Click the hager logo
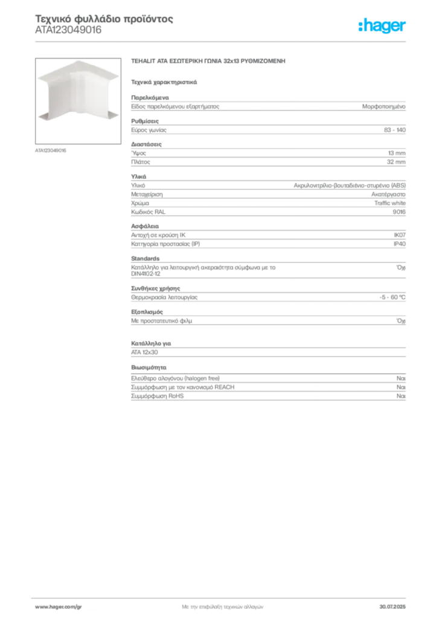point(381,26)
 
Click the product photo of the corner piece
point(78,101)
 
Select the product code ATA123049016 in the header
point(68,30)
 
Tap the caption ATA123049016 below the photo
point(51,151)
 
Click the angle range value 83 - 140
point(394,130)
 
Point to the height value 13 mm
point(397,153)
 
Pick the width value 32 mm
point(396,162)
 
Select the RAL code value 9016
point(399,212)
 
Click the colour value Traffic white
point(390,203)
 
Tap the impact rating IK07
point(400,235)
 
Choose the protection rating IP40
point(400,244)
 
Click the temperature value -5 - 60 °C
point(392,297)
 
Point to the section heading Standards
point(145,259)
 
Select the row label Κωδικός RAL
point(148,212)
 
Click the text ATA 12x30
point(144,352)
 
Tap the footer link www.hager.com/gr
point(59,607)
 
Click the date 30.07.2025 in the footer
point(392,607)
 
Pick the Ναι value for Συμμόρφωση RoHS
point(401,396)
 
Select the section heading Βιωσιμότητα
point(148,368)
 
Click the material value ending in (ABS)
point(349,186)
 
